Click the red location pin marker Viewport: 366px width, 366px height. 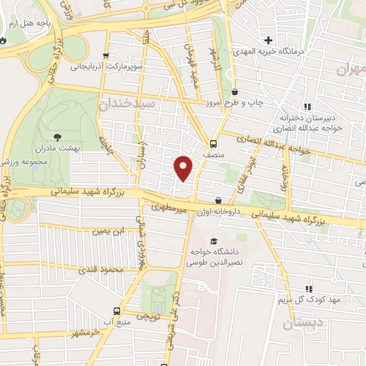point(184,167)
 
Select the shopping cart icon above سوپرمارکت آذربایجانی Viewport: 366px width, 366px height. point(106,56)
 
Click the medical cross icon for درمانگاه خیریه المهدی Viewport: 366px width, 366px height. point(269,39)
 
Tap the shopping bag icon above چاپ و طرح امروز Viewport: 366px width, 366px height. point(236,91)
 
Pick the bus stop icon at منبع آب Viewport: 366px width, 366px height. point(117,311)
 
